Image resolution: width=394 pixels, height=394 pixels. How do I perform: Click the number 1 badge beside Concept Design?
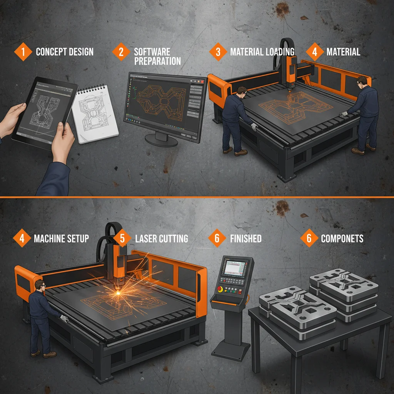(23, 52)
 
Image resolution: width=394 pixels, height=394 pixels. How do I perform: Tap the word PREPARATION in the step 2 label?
(157, 61)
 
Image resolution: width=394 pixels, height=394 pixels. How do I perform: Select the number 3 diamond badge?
(218, 52)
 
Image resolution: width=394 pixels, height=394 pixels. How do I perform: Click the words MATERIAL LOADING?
(262, 52)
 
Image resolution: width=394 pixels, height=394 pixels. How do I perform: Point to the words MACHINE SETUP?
(61, 239)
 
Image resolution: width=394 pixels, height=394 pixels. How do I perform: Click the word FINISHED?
(245, 239)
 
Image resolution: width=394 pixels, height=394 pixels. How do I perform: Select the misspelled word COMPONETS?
(342, 239)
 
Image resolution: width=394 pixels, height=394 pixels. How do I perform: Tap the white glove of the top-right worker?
(344, 114)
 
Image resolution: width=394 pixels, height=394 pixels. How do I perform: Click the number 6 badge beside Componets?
(309, 239)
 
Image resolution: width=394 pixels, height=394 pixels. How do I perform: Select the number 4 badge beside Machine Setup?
(22, 239)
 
